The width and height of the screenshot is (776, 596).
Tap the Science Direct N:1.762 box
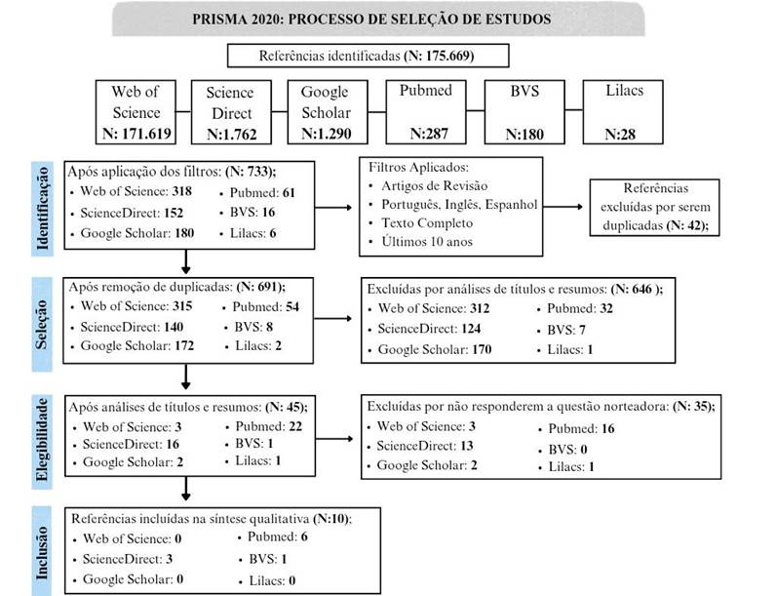point(229,112)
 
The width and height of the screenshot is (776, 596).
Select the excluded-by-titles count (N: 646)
point(635,290)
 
